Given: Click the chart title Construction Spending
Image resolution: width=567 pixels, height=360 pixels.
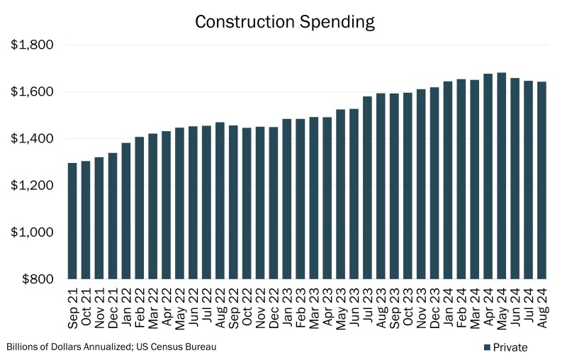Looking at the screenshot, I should point(283,22).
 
